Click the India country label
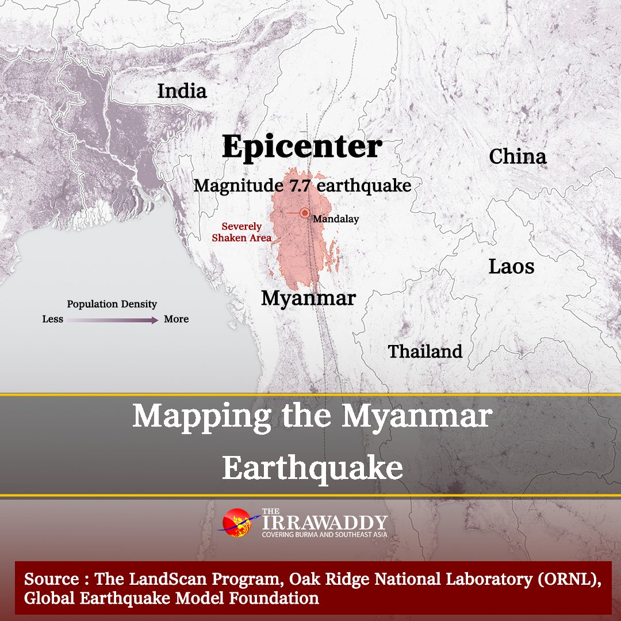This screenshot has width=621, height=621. tap(182, 91)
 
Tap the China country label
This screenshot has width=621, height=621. tap(517, 156)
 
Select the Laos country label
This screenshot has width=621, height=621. tap(511, 266)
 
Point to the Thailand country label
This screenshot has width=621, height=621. tap(425, 351)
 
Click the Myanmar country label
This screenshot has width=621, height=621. tap(308, 298)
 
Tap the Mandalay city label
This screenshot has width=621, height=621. tap(336, 219)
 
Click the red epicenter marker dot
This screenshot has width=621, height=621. tap(305, 213)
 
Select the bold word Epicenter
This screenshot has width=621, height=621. tap(302, 147)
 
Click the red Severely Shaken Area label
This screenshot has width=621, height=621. tap(241, 232)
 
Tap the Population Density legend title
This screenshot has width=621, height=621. tap(112, 304)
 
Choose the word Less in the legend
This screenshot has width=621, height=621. tap(53, 319)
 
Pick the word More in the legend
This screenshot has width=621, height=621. tap(176, 319)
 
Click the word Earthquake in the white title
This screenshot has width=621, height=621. tap(312, 469)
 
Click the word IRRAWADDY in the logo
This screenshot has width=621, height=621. tap(324, 522)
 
